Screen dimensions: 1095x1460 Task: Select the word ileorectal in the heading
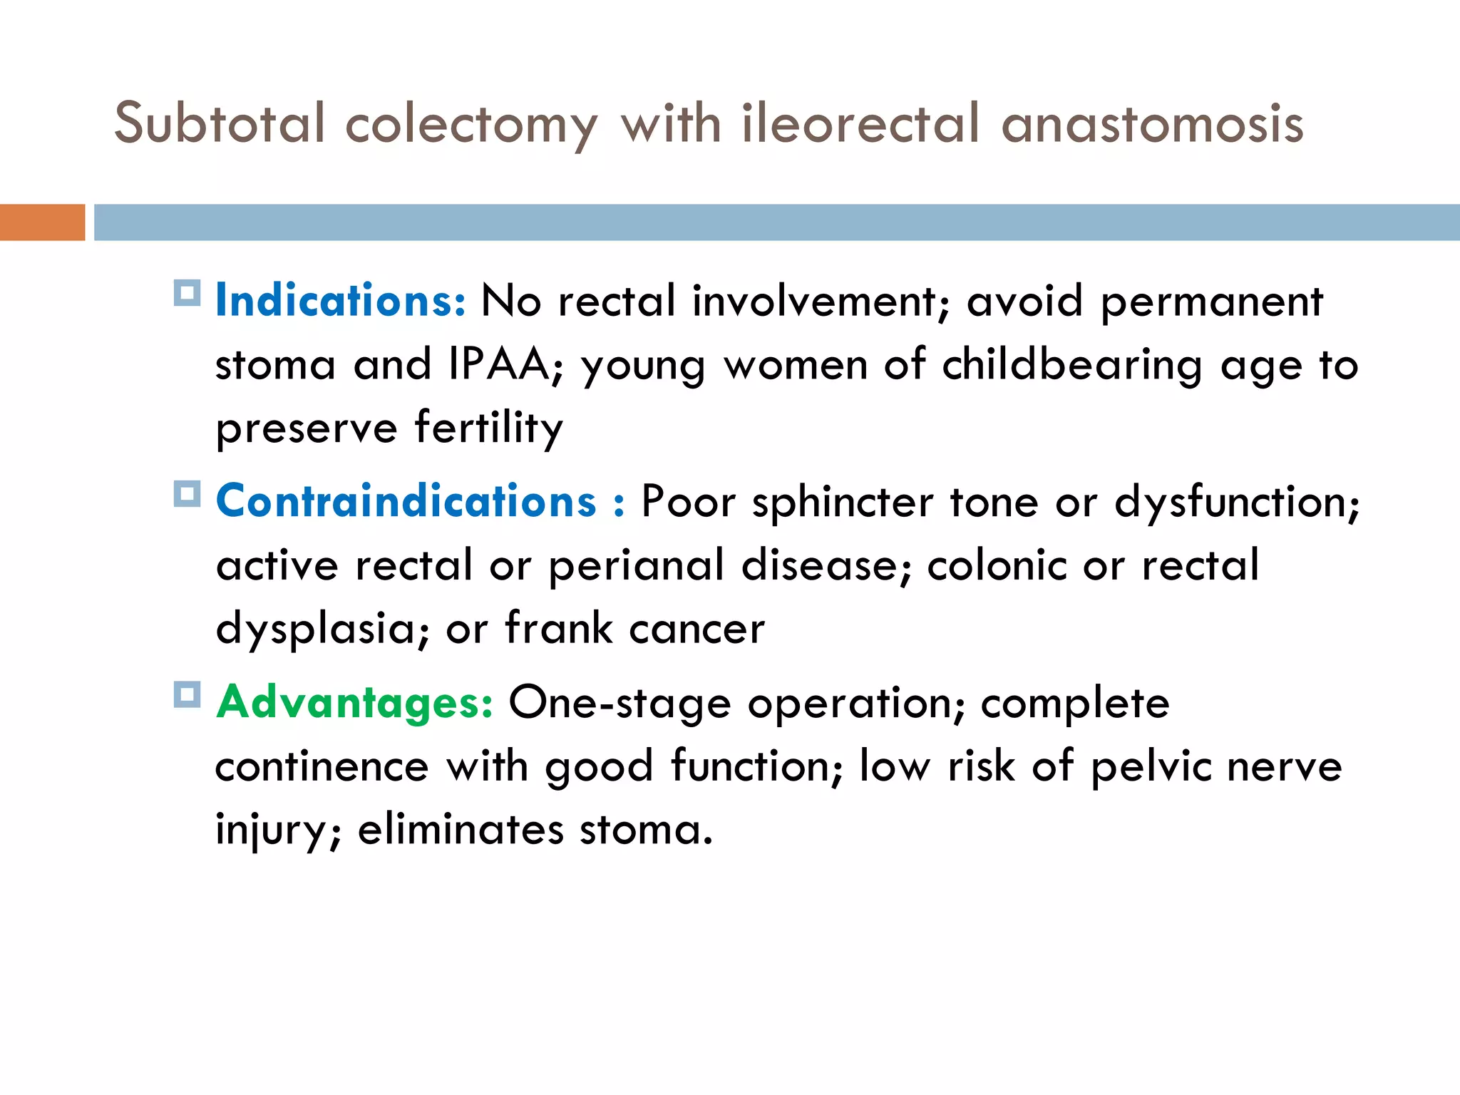coord(860,123)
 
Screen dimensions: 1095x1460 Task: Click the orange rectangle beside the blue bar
coord(42,222)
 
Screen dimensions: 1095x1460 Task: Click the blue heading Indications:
coord(341,300)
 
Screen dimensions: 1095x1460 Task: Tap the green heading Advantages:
coord(354,702)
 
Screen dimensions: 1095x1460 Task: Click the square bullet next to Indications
coord(187,292)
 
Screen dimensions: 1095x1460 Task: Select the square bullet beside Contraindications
coord(187,493)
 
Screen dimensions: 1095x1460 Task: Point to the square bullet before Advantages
coord(187,694)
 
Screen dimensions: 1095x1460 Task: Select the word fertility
coord(489,428)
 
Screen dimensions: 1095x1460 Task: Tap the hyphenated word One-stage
coord(620,704)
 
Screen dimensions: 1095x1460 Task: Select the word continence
coord(322,766)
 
